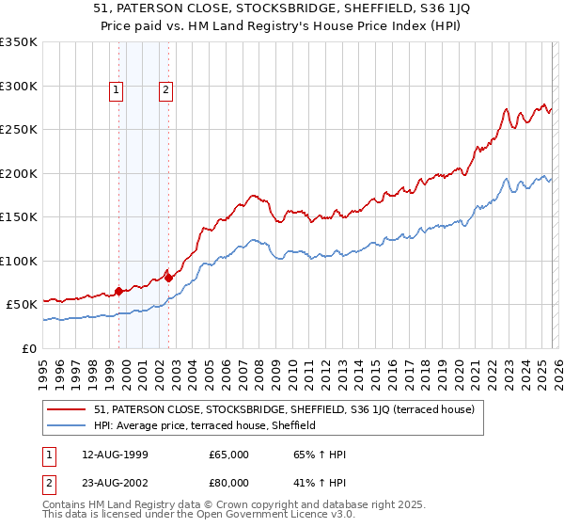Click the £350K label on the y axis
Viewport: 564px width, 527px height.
click(x=19, y=42)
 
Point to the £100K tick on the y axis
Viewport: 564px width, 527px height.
click(x=19, y=261)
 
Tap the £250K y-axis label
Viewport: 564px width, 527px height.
click(x=19, y=130)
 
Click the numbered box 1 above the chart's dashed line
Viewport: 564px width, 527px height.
click(x=116, y=90)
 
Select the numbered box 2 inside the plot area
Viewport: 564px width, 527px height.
click(x=165, y=90)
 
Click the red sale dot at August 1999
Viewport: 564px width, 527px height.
click(x=119, y=291)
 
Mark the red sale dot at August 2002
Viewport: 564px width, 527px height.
click(x=169, y=278)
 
